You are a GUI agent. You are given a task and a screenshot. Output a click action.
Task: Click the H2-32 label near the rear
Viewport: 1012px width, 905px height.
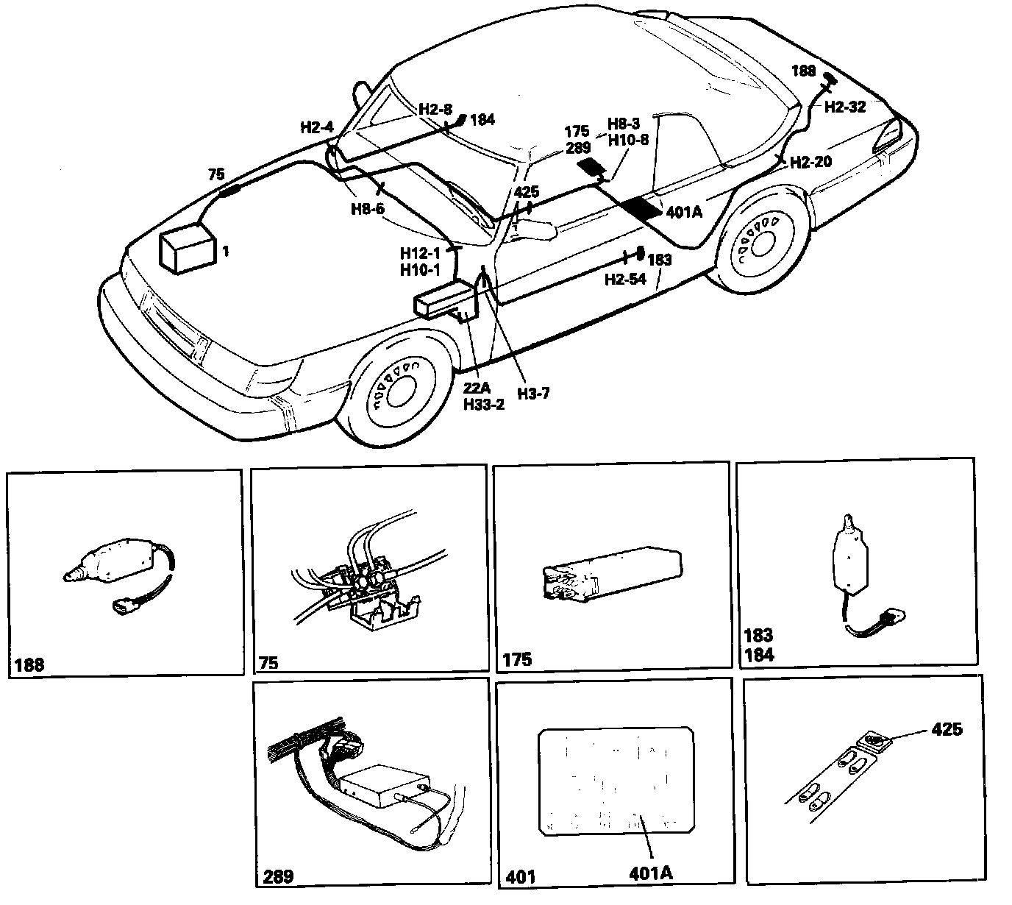click(x=844, y=107)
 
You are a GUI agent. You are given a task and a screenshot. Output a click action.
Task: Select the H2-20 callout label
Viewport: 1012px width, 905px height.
click(x=811, y=162)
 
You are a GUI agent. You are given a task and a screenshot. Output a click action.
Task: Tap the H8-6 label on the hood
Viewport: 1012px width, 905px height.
click(x=367, y=209)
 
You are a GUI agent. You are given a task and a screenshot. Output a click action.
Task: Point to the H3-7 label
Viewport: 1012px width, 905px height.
click(x=532, y=393)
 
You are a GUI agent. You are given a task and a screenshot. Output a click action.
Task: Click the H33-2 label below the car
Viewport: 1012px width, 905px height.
click(x=484, y=405)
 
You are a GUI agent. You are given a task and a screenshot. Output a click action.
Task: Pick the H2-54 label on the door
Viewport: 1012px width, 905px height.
click(x=625, y=279)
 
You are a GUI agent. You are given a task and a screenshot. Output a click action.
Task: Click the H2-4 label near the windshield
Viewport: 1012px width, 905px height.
click(x=317, y=127)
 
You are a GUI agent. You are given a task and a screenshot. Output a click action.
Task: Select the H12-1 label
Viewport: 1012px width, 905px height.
click(x=420, y=253)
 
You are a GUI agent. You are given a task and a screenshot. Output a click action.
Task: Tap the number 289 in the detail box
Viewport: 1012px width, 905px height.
click(x=277, y=876)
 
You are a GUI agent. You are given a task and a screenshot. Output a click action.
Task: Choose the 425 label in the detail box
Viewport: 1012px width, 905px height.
click(x=947, y=729)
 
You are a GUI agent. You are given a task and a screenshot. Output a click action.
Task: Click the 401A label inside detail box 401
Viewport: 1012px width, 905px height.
click(x=651, y=873)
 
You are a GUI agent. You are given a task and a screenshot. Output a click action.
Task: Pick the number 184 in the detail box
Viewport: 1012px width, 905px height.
click(x=759, y=653)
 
